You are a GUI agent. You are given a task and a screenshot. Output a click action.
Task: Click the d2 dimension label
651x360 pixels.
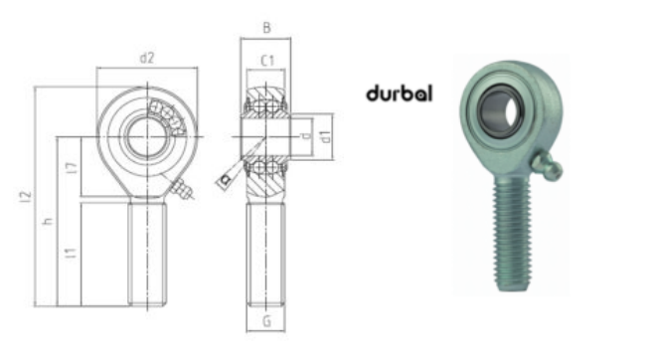point(146,58)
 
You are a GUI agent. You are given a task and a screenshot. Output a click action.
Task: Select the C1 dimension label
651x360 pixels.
point(265,62)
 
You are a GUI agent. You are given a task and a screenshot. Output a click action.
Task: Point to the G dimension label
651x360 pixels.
point(265,320)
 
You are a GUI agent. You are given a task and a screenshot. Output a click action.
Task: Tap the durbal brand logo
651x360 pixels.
point(399,94)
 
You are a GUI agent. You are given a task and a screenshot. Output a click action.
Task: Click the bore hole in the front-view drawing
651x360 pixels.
point(146,136)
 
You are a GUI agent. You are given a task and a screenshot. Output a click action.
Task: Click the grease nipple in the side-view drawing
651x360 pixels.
point(226,179)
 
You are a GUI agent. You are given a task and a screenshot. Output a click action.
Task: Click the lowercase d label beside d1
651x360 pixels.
point(307,136)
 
